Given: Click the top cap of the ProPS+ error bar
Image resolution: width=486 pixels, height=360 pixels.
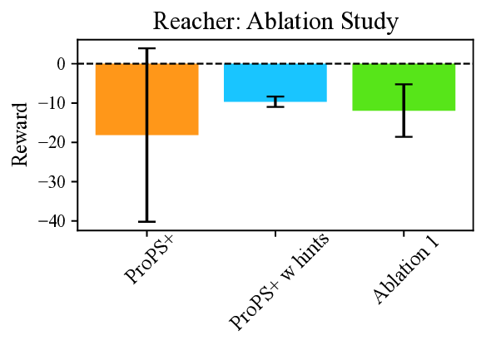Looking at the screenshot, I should click(x=147, y=48).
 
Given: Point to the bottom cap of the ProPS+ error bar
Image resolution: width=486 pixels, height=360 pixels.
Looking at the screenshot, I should click(x=147, y=221).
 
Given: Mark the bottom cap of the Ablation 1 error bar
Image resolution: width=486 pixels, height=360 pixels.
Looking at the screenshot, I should click(x=404, y=136).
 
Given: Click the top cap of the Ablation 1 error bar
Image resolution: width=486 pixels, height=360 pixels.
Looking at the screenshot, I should click(x=404, y=84).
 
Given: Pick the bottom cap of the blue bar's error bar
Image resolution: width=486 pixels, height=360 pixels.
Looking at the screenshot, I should click(x=275, y=106).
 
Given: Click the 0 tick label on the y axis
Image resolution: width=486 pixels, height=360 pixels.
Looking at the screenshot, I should click(x=61, y=63).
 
